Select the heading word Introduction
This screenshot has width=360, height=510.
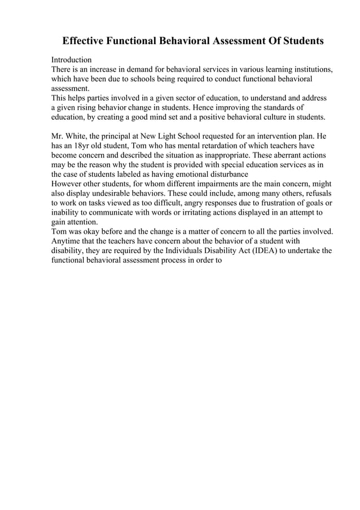pos(72,60)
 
